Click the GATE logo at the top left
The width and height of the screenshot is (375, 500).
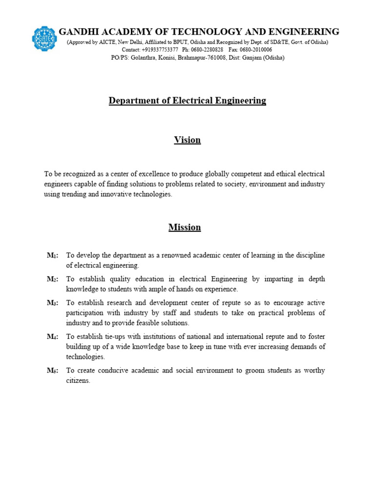coord(44,38)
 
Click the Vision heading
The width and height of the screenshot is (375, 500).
coord(187,140)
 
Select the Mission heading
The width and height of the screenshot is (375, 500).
coord(185,227)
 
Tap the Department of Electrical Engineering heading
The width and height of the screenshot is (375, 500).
coord(187,101)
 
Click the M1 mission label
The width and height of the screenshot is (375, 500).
coord(52,256)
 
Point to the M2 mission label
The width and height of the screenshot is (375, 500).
coord(52,279)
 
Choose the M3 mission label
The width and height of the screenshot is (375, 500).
coord(52,303)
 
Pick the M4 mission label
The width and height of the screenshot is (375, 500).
coord(52,337)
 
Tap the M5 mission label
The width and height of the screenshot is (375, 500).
coord(52,371)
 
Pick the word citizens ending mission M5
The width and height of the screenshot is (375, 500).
coord(78,380)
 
